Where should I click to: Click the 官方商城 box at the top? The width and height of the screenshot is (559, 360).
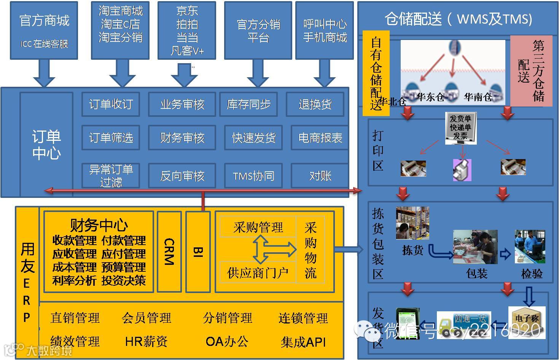coord(44,30)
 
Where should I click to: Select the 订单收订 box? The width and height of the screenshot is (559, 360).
coord(111,104)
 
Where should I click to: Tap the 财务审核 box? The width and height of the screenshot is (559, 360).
coord(182,137)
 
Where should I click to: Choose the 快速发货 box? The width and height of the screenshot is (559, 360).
coord(253,137)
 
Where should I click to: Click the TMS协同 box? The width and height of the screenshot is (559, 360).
coord(253,175)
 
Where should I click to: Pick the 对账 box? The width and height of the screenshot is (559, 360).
coord(320,175)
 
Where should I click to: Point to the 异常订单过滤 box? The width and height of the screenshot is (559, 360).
coord(111,175)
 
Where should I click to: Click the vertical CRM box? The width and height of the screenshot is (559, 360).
coord(169,252)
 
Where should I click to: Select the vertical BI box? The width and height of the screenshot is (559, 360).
coord(198,252)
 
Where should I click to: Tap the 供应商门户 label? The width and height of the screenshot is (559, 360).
coord(258,272)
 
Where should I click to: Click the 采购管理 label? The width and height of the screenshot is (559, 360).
coord(258,227)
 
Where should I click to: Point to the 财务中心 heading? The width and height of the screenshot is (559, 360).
coord(99,225)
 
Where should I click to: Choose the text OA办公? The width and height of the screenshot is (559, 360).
coord(227,341)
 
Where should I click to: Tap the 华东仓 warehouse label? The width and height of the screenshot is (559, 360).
coord(430,97)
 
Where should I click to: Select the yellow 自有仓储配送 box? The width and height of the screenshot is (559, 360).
coord(376,73)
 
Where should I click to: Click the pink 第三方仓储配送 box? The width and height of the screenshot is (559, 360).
coord(531,71)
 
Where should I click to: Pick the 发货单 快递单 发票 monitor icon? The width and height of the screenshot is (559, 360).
coord(460,128)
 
